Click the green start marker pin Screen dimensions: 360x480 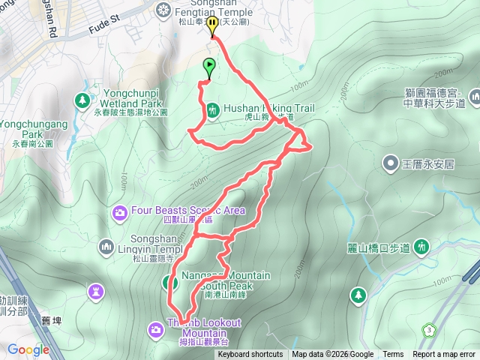[209, 67]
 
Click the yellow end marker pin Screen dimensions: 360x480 [213, 25]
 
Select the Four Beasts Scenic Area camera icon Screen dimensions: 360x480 [120, 214]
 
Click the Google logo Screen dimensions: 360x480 [28, 349]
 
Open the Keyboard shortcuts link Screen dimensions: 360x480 [250, 355]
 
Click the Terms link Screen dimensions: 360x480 [393, 355]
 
